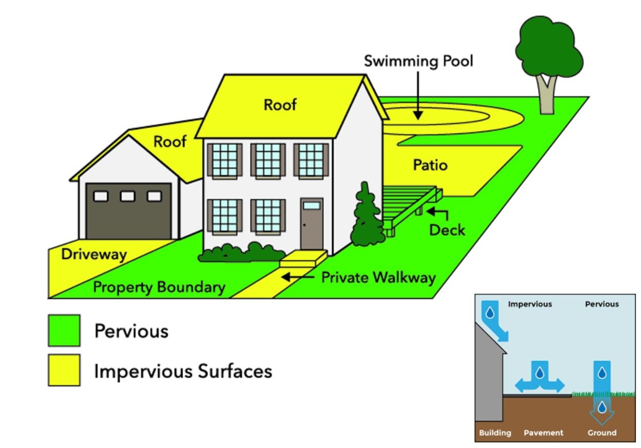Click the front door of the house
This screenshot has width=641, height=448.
tap(312, 224)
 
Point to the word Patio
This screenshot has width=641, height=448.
tap(430, 166)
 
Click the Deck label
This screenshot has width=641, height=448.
tap(447, 229)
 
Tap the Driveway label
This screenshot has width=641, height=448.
tap(94, 255)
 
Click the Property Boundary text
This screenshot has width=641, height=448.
tap(159, 287)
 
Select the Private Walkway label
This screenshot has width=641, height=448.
tap(378, 277)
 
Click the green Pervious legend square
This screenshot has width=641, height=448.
tap(64, 330)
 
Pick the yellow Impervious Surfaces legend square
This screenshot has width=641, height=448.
tap(64, 370)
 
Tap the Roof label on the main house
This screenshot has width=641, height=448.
tap(280, 104)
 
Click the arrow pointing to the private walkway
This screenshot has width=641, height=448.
tap(298, 277)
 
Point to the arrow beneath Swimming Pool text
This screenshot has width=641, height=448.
tap(418, 95)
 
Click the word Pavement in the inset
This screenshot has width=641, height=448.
tap(543, 433)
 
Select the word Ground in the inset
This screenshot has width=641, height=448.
tap(602, 433)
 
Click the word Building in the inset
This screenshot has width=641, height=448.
tap(495, 433)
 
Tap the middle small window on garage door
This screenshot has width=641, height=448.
tap(129, 195)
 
